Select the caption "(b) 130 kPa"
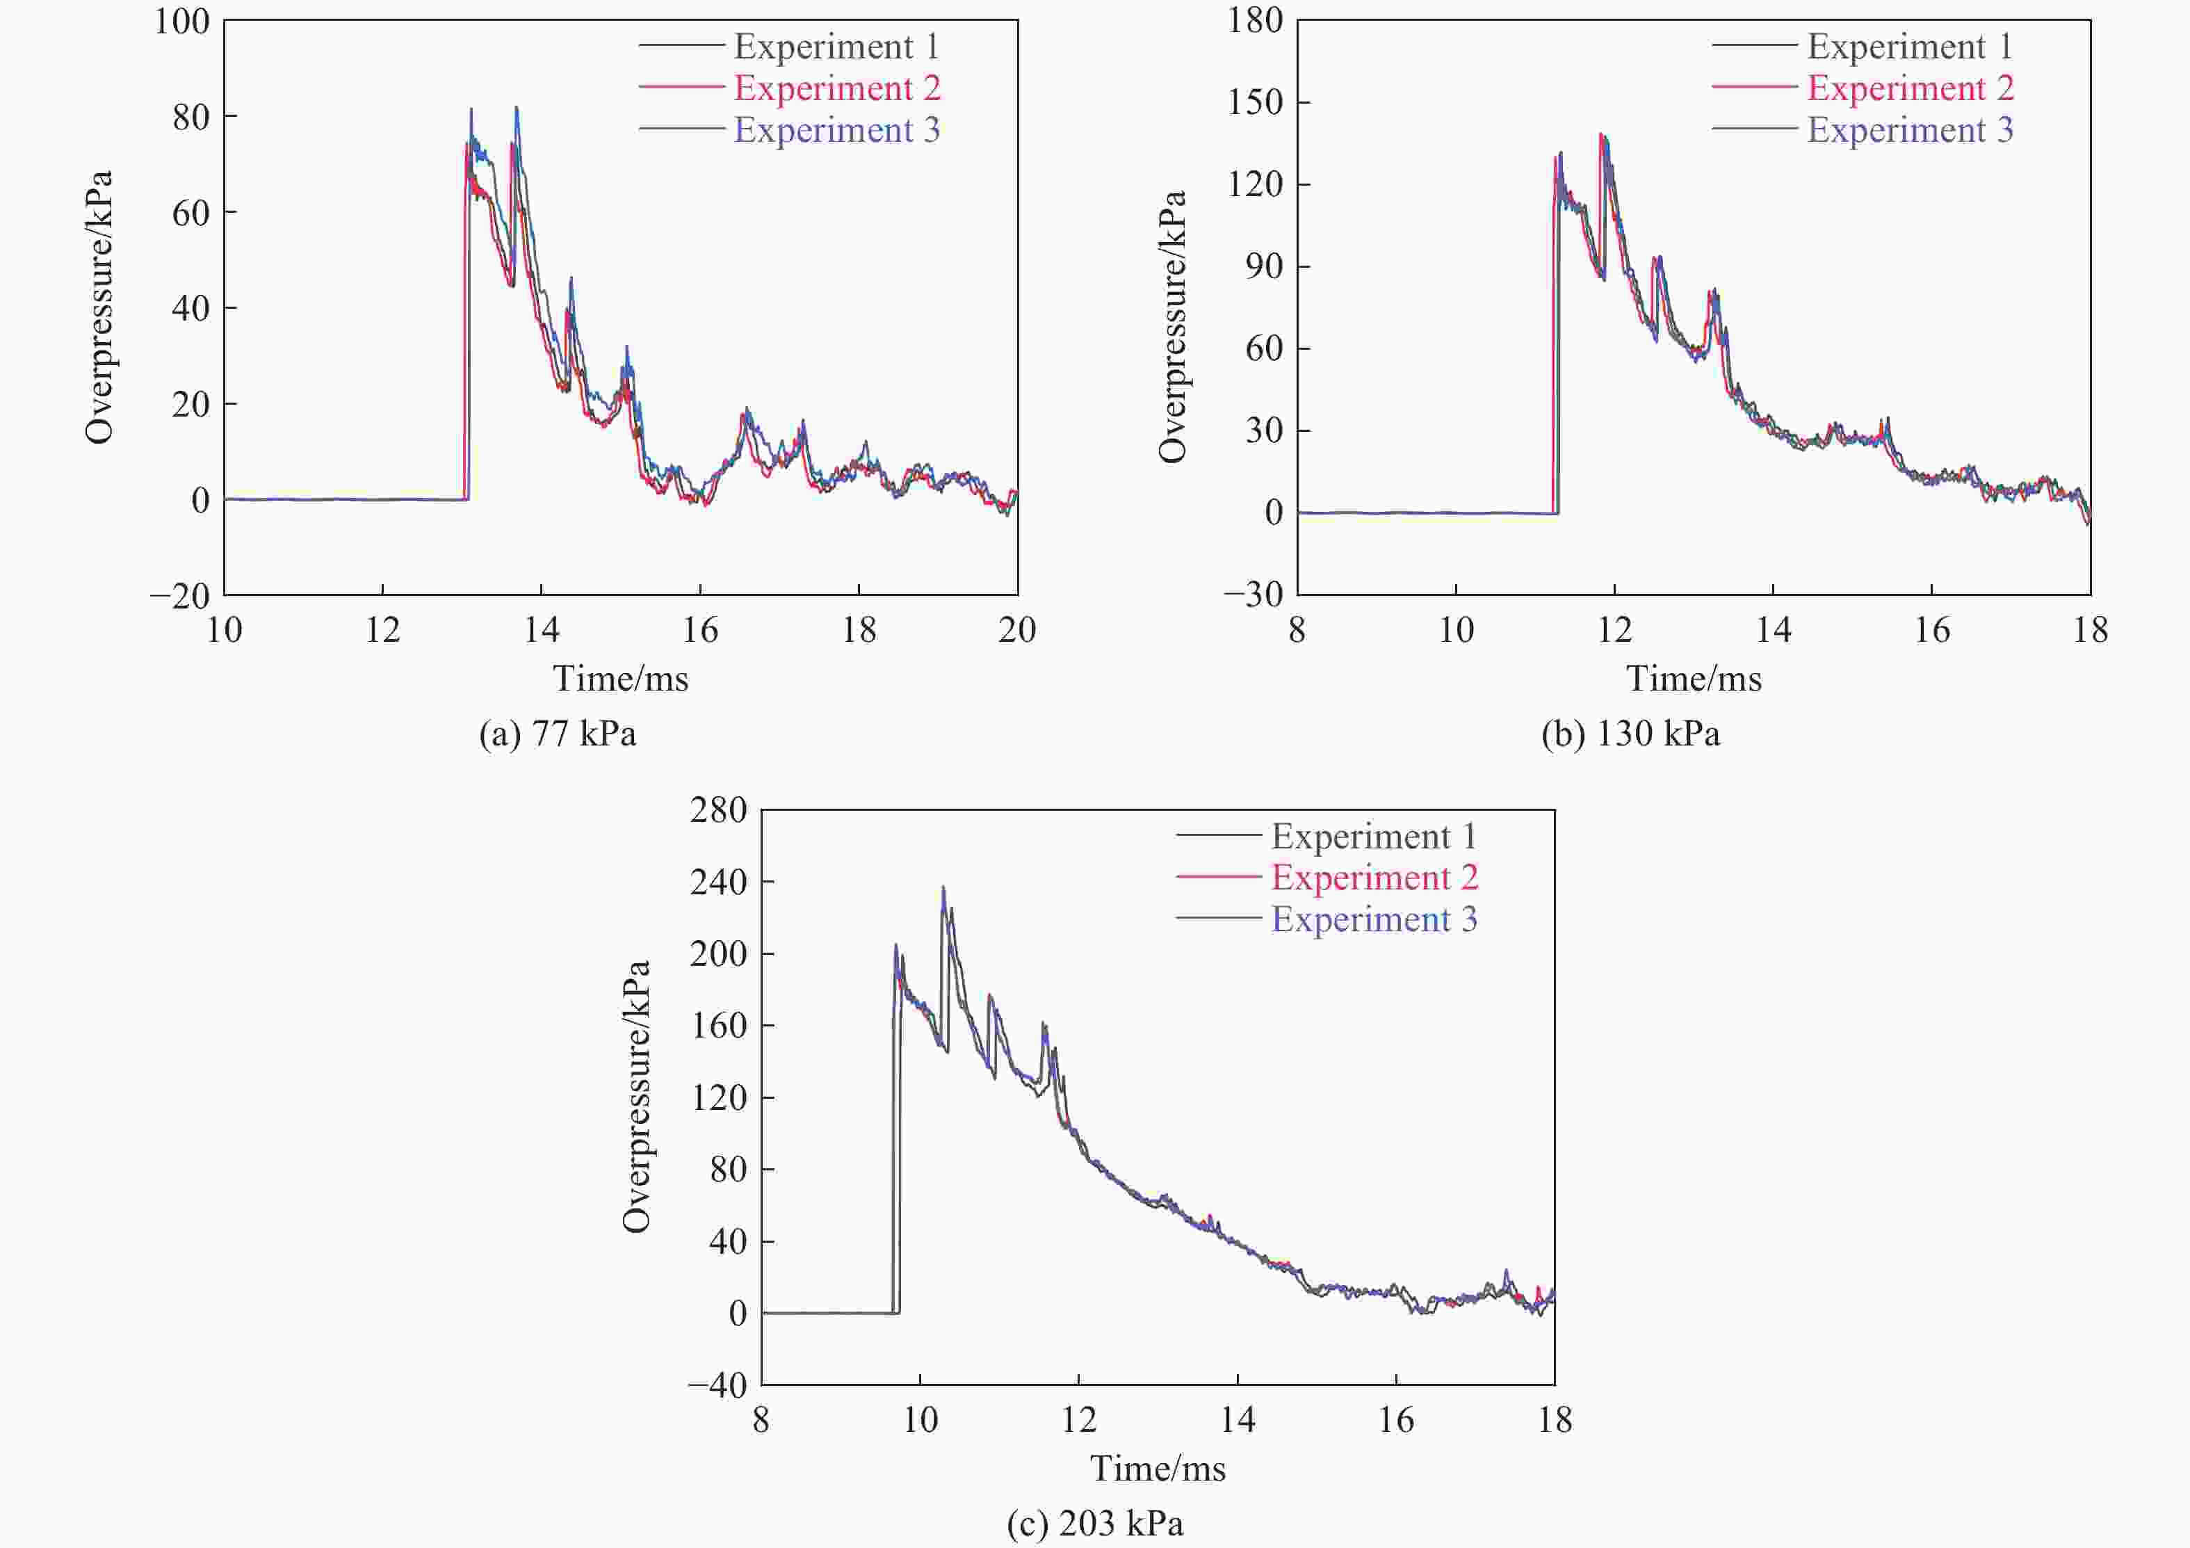point(1630,734)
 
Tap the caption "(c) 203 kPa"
point(1095,1523)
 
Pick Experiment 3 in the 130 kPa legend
point(1910,130)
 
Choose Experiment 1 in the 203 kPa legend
point(1374,837)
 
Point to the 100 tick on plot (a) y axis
point(182,21)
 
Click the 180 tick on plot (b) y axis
point(1255,21)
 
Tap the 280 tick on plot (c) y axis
point(718,811)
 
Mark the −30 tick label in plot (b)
point(1254,595)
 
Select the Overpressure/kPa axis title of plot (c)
point(636,1097)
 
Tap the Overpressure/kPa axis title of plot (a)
point(99,307)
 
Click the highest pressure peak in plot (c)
point(943,887)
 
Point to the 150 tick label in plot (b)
point(1255,102)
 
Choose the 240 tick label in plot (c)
point(718,882)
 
